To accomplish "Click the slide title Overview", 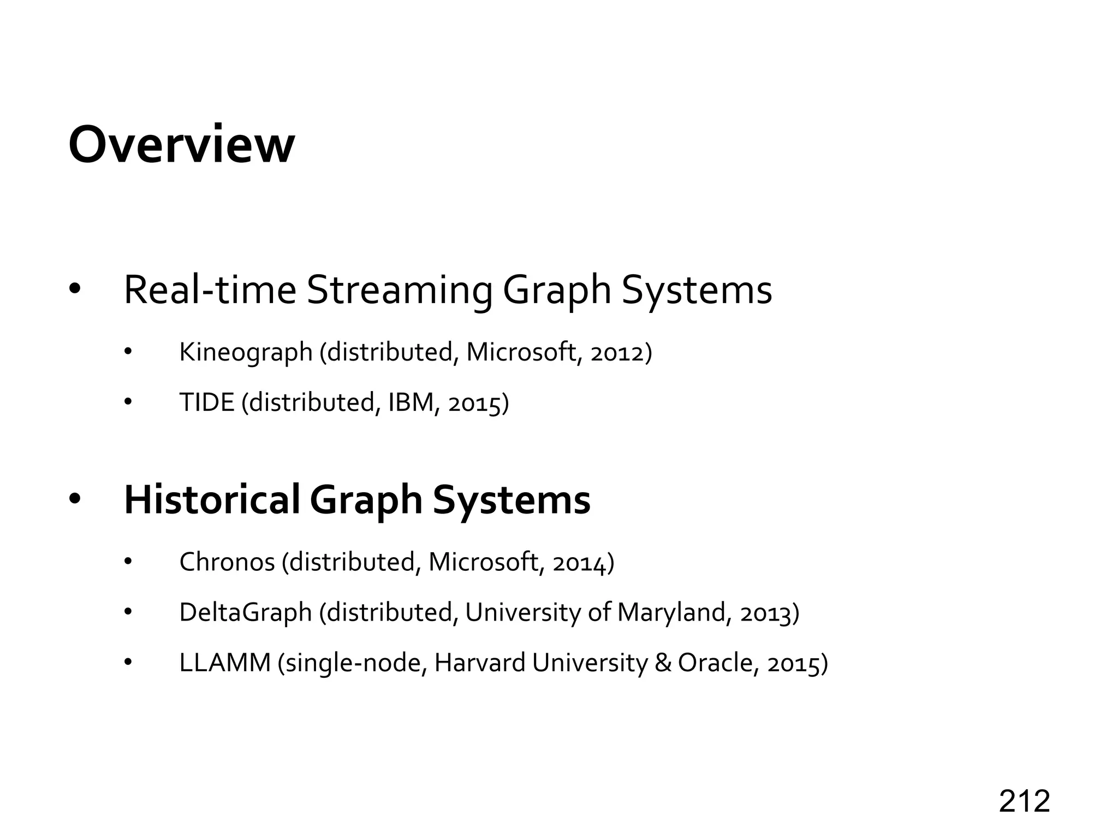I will [181, 144].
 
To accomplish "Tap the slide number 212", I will [1024, 801].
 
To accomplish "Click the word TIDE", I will [207, 403].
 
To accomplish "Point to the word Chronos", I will [227, 562].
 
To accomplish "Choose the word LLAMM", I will [225, 663].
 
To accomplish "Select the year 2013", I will [764, 613].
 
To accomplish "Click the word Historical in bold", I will [212, 499].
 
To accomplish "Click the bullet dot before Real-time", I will [74, 289].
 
